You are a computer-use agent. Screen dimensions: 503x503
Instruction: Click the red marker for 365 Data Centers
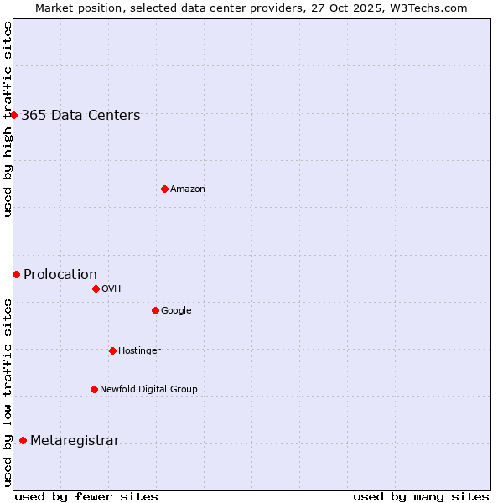[x=14, y=115]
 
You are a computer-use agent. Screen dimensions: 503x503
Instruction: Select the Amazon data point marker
[x=164, y=189]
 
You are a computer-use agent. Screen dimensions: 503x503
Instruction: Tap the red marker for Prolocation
[x=16, y=274]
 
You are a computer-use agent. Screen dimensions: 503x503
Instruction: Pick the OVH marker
[x=96, y=288]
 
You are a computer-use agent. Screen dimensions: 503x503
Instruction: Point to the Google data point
[x=155, y=310]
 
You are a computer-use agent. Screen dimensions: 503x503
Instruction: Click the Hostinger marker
[x=112, y=350]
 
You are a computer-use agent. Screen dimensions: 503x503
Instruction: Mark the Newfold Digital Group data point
[x=94, y=389]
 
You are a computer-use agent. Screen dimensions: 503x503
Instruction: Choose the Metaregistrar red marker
[x=23, y=440]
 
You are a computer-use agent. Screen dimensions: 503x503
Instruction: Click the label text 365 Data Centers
[x=80, y=116]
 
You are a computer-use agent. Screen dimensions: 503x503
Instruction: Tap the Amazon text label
[x=188, y=189]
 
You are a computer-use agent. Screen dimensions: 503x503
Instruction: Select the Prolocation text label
[x=60, y=275]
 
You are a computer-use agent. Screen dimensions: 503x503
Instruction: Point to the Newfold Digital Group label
[x=148, y=389]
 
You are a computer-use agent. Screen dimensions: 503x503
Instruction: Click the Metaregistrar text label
[x=75, y=441]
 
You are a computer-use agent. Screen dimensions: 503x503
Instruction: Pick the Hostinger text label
[x=139, y=350]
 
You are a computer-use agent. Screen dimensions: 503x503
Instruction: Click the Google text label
[x=176, y=311]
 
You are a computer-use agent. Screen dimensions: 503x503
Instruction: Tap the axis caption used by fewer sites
[x=86, y=496]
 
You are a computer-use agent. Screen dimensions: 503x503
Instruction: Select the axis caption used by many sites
[x=421, y=496]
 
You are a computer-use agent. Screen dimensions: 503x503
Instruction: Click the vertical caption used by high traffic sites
[x=8, y=119]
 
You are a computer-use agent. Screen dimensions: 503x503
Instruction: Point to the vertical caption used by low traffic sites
[x=8, y=392]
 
